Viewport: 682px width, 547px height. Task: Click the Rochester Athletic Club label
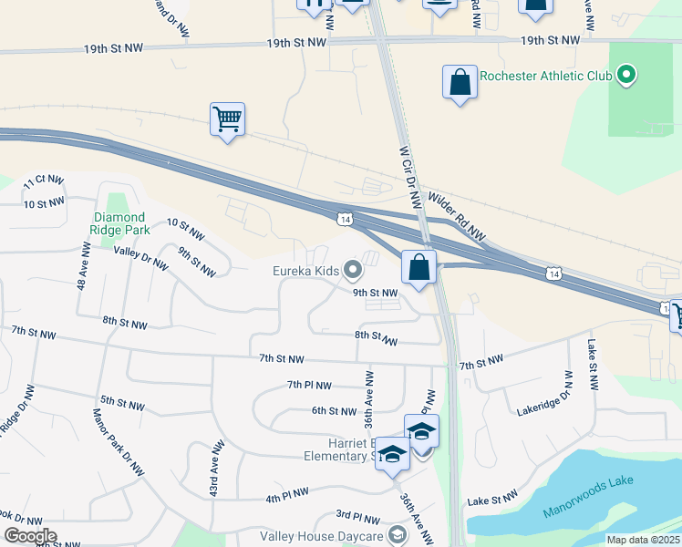point(545,76)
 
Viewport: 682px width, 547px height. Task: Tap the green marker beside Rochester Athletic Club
point(625,75)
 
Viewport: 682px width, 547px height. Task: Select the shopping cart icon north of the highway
point(227,119)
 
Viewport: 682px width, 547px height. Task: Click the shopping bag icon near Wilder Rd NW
point(419,269)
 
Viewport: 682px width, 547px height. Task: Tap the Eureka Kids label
point(305,270)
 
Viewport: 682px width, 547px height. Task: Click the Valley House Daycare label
point(320,535)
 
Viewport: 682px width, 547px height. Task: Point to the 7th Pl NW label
point(309,386)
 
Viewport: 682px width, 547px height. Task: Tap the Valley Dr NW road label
point(140,258)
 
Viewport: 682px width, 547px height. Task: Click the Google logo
point(29,536)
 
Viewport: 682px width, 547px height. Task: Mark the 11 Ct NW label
point(44,181)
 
